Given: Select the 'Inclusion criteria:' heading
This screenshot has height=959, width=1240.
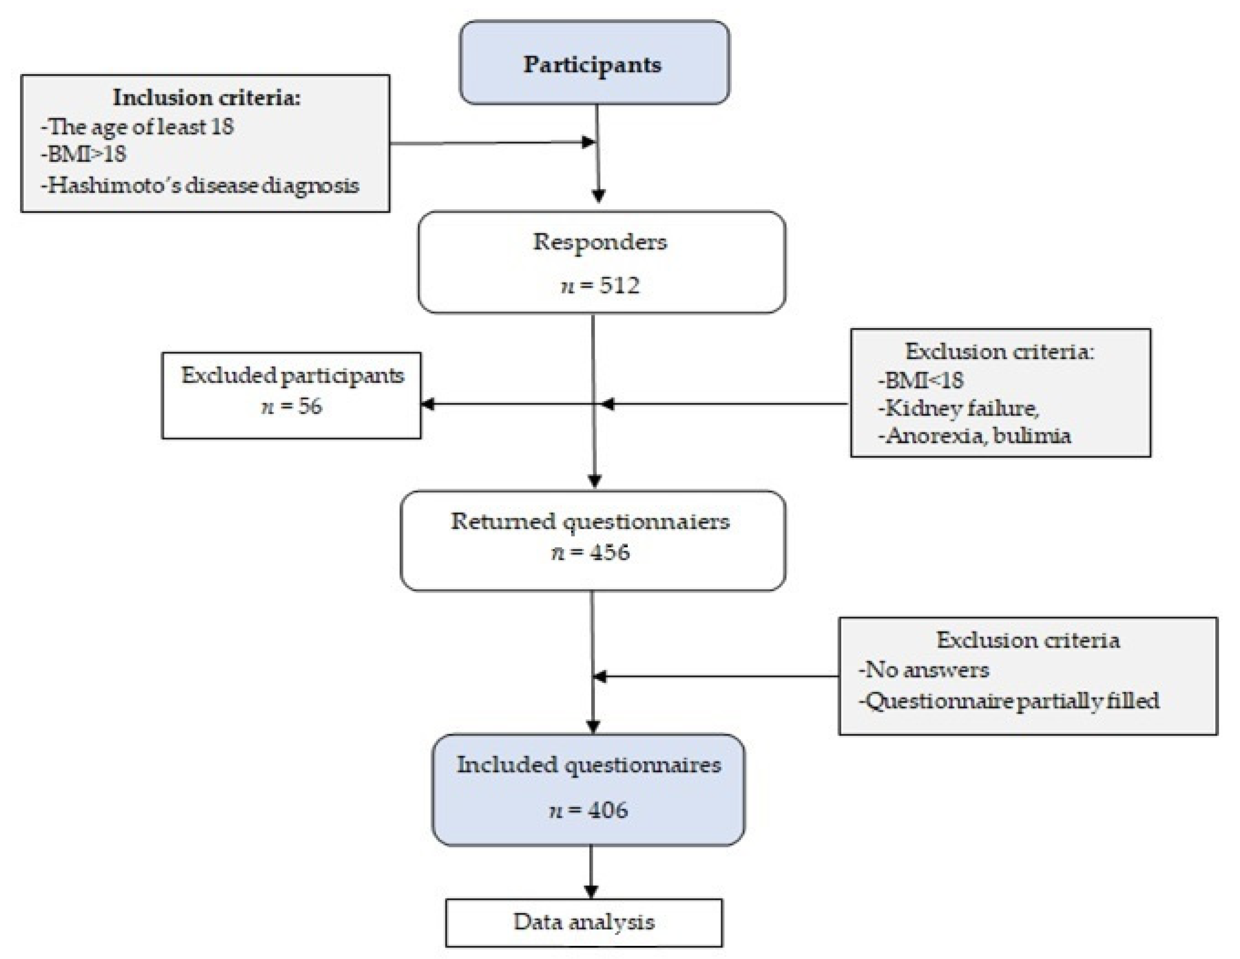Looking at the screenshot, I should point(207,98).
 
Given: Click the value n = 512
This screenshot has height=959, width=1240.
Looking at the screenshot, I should point(600,285).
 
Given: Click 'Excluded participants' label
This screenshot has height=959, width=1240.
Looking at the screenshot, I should point(293,375).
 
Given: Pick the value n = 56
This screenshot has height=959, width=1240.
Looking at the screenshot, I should point(291,406).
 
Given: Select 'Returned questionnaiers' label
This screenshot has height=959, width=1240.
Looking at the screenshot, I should point(591,521).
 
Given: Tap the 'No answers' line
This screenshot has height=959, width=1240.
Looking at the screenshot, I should point(924,670).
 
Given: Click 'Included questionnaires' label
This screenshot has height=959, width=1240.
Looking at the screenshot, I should point(589,765).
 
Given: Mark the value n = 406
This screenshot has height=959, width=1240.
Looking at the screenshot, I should point(589,810).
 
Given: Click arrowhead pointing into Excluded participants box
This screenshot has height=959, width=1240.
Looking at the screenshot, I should point(427,404).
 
